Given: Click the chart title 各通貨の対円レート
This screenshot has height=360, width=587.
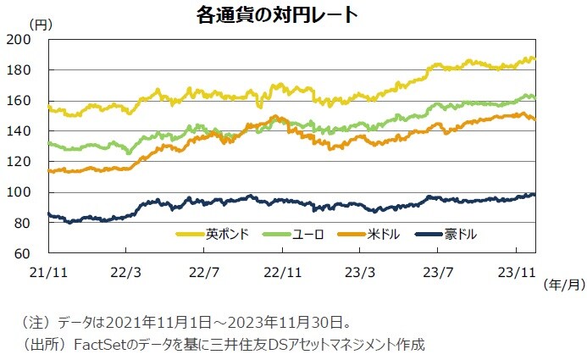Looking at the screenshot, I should [x=265, y=15].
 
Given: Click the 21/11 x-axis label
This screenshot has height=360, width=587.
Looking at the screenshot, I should [x=49, y=273].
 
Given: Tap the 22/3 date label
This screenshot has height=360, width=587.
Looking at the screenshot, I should [x=126, y=273].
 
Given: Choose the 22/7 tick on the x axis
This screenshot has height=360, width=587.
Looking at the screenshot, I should [x=204, y=273].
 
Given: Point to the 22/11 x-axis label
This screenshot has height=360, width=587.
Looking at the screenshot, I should [x=281, y=273].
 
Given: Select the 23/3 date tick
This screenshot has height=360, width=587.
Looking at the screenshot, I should [x=359, y=273].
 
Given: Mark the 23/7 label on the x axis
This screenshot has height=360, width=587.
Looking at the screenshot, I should [x=437, y=273].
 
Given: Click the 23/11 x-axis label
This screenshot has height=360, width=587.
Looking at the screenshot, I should [x=514, y=273].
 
